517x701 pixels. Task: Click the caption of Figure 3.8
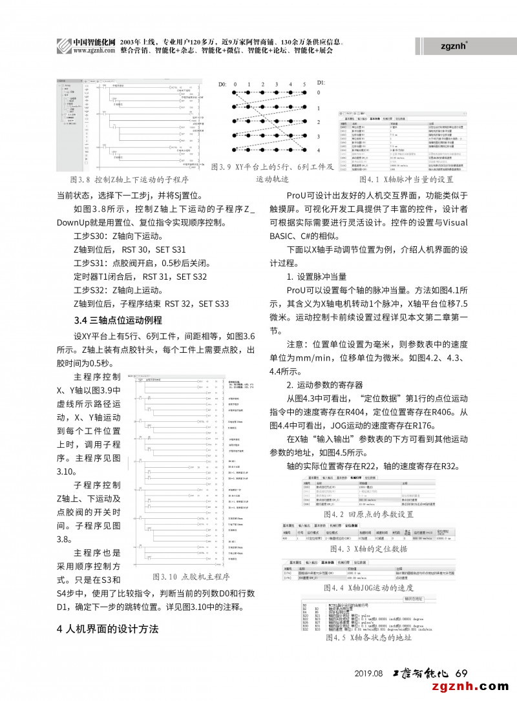tap(123, 179)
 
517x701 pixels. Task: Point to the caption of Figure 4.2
tap(368, 514)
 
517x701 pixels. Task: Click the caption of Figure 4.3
tap(368, 549)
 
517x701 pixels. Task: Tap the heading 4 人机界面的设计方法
tap(107, 629)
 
